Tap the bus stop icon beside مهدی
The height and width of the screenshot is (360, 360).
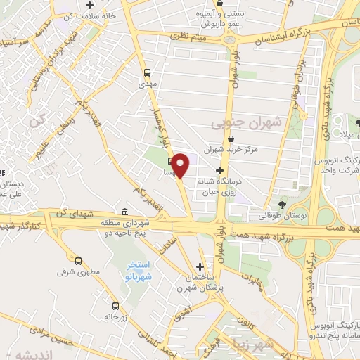pyautogui.click(x=147, y=72)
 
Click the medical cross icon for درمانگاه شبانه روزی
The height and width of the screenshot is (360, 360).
pyautogui.click(x=220, y=171)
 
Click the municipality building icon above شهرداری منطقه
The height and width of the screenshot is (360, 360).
pyautogui.click(x=124, y=212)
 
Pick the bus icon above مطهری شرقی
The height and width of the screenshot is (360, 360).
pyautogui.click(x=79, y=259)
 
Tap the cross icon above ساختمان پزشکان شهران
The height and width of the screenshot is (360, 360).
pyautogui.click(x=202, y=266)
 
